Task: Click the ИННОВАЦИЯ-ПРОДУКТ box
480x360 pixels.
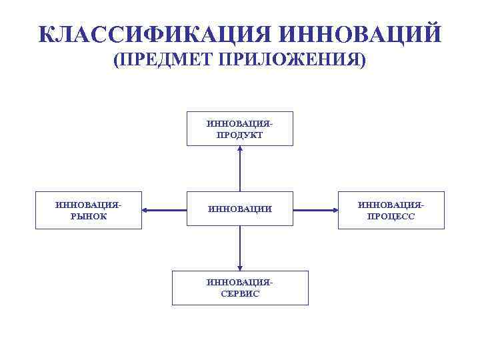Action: (240, 129)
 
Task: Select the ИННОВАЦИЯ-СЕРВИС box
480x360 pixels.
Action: (240, 288)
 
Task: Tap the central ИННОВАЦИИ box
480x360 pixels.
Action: (240, 210)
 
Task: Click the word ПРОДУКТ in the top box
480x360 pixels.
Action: (240, 135)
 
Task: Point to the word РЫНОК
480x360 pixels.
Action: (89, 216)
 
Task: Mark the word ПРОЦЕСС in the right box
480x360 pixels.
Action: (391, 216)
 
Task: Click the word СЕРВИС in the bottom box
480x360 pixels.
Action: (240, 293)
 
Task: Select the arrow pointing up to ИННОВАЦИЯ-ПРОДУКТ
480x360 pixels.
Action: (240, 170)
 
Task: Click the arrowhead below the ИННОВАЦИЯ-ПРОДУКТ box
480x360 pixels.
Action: (240, 149)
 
